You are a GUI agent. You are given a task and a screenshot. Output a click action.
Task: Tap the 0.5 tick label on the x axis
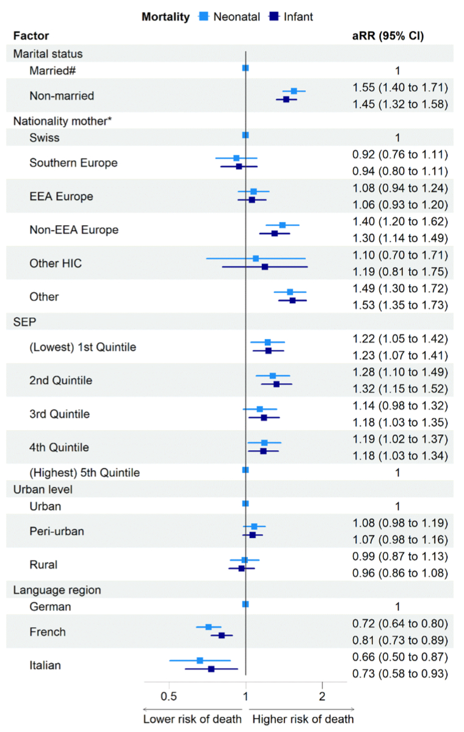[169, 696]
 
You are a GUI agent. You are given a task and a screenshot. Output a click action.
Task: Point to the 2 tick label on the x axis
[322, 696]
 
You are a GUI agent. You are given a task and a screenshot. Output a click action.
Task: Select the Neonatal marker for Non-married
[294, 91]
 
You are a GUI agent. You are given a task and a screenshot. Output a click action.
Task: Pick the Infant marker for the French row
[222, 635]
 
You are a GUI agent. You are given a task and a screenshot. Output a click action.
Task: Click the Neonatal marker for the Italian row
[200, 660]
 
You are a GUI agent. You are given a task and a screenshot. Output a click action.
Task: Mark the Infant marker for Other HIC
[265, 267]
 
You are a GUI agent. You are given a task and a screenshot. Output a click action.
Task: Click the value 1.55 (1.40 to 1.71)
[401, 87]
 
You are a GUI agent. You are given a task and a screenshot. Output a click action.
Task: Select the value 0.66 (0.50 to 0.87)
[401, 657]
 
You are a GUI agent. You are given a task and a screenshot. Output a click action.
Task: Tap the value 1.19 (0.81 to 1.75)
[401, 271]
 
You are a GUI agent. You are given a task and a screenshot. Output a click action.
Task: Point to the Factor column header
[31, 36]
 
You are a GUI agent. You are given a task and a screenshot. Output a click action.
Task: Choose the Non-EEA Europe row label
[74, 230]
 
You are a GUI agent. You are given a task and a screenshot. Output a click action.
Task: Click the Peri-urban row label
[57, 531]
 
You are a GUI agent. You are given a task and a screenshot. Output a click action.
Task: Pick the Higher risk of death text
[303, 719]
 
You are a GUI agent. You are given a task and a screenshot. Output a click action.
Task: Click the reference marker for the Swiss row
[245, 135]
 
